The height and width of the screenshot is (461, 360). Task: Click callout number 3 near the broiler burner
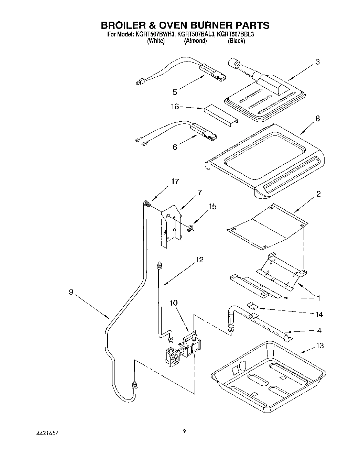tap(317, 62)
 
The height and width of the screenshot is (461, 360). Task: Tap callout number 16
tap(175, 107)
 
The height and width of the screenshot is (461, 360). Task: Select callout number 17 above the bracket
tap(175, 182)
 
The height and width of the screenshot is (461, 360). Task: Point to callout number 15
tap(212, 206)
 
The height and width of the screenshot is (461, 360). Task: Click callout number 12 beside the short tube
tap(199, 260)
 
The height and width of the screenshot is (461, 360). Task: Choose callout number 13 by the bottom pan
tap(320, 345)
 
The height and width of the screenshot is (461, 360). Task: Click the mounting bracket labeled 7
tap(170, 225)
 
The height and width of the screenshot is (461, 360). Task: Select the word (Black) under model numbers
tap(236, 41)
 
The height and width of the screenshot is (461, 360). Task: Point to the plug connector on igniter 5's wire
tap(140, 82)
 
